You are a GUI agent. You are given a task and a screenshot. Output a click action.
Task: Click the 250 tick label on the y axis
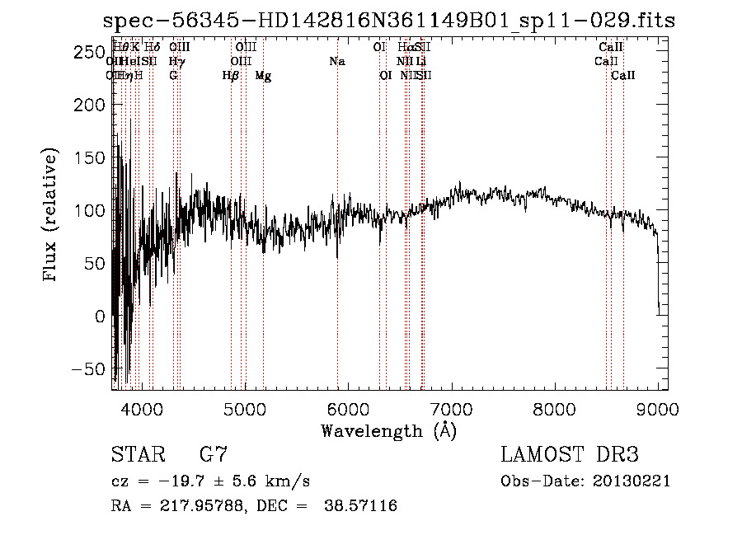(x=86, y=53)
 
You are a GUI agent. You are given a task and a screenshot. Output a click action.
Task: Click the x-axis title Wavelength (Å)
(x=388, y=430)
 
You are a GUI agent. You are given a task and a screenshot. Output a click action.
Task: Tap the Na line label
(x=336, y=62)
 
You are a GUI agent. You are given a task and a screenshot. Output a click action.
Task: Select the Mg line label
(x=263, y=76)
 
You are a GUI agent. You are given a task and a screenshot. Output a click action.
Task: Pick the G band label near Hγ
(x=173, y=76)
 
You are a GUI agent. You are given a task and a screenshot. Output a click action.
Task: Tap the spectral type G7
(x=213, y=455)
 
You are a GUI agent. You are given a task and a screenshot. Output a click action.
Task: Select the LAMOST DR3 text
(x=569, y=455)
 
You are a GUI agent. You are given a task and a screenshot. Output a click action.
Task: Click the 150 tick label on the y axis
(x=86, y=158)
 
